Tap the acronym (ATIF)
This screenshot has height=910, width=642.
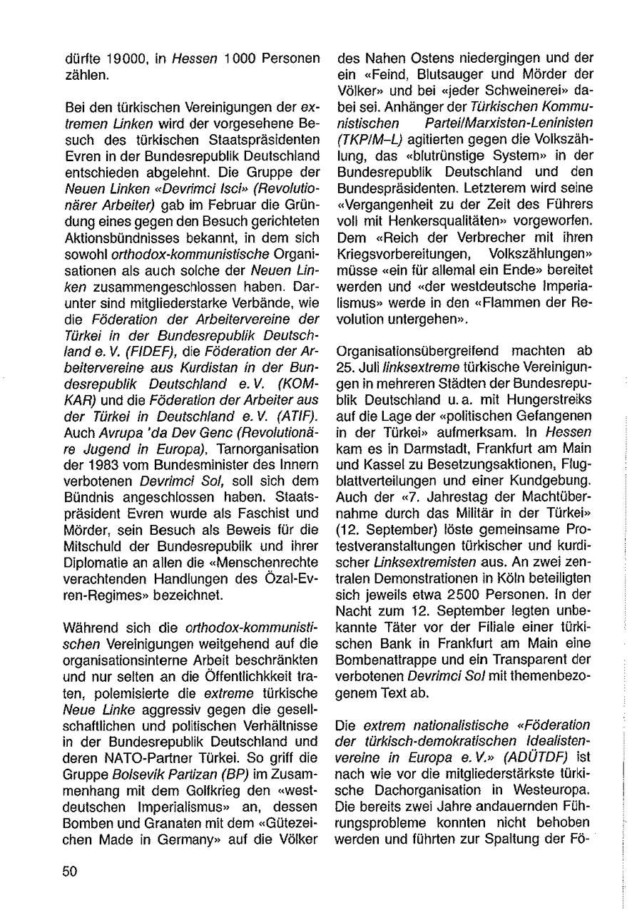click(296, 415)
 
